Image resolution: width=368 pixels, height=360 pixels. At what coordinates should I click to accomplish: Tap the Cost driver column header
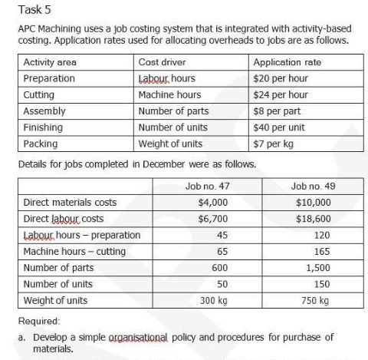[162, 62]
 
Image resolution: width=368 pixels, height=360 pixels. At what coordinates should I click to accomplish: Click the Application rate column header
[287, 62]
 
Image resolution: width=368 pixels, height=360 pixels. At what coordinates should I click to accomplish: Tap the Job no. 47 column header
[207, 187]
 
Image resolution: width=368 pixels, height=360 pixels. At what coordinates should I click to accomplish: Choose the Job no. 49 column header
[313, 187]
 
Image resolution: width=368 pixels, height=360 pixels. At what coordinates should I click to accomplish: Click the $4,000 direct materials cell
[213, 203]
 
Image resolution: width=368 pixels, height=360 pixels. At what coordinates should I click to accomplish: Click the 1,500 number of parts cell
[318, 267]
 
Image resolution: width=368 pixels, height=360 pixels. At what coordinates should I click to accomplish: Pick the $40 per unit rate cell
[278, 127]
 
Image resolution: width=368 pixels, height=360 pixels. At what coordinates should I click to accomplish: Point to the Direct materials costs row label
[70, 203]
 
